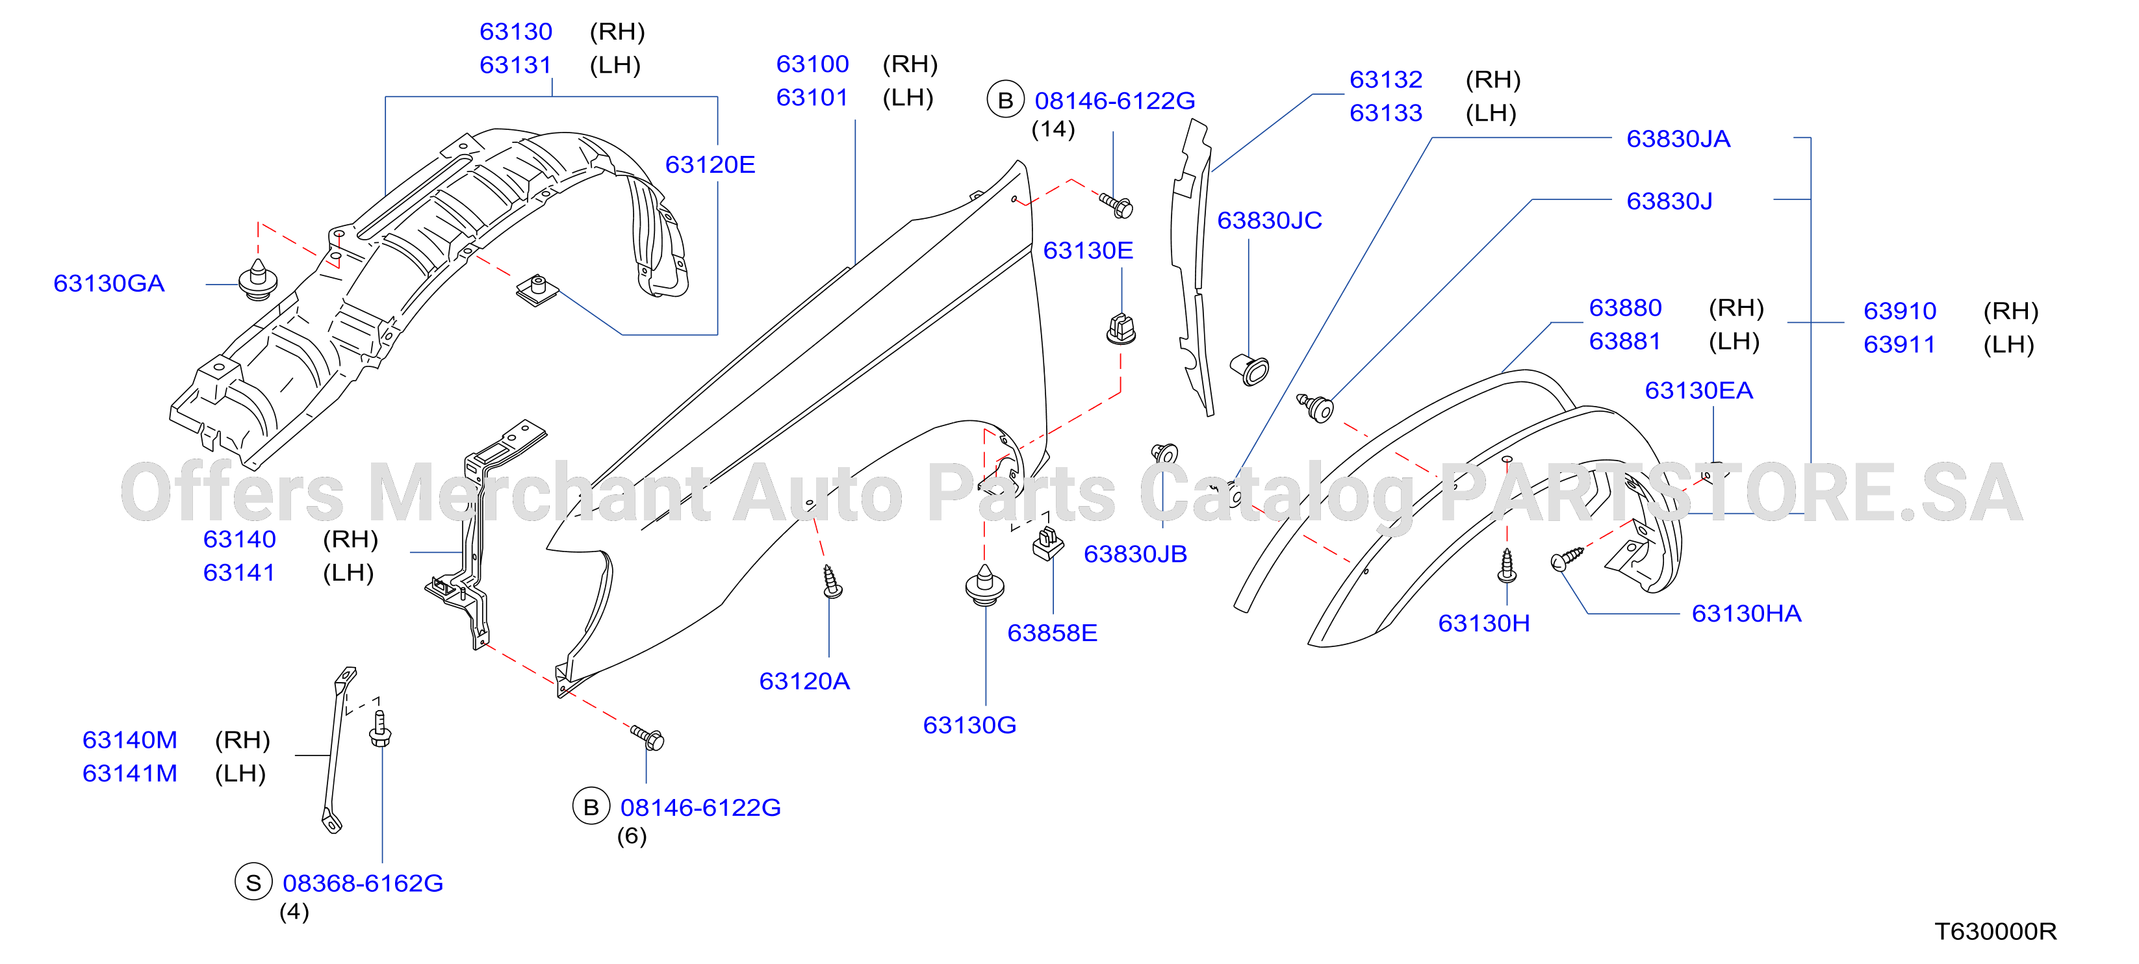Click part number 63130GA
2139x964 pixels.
(109, 283)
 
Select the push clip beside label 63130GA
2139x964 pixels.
(257, 280)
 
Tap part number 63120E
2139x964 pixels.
(710, 164)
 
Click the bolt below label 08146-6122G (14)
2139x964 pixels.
(1117, 204)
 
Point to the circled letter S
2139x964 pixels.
(254, 883)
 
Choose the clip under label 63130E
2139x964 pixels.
(1121, 329)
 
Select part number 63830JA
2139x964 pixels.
(1678, 138)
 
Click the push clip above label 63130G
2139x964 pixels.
(985, 585)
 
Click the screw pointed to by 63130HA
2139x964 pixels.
(1567, 558)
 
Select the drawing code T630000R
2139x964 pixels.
(1995, 932)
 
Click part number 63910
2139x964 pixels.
(1900, 311)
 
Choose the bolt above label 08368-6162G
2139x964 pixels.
(379, 728)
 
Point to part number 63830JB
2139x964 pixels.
(1135, 554)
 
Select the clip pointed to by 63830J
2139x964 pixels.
(1316, 408)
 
